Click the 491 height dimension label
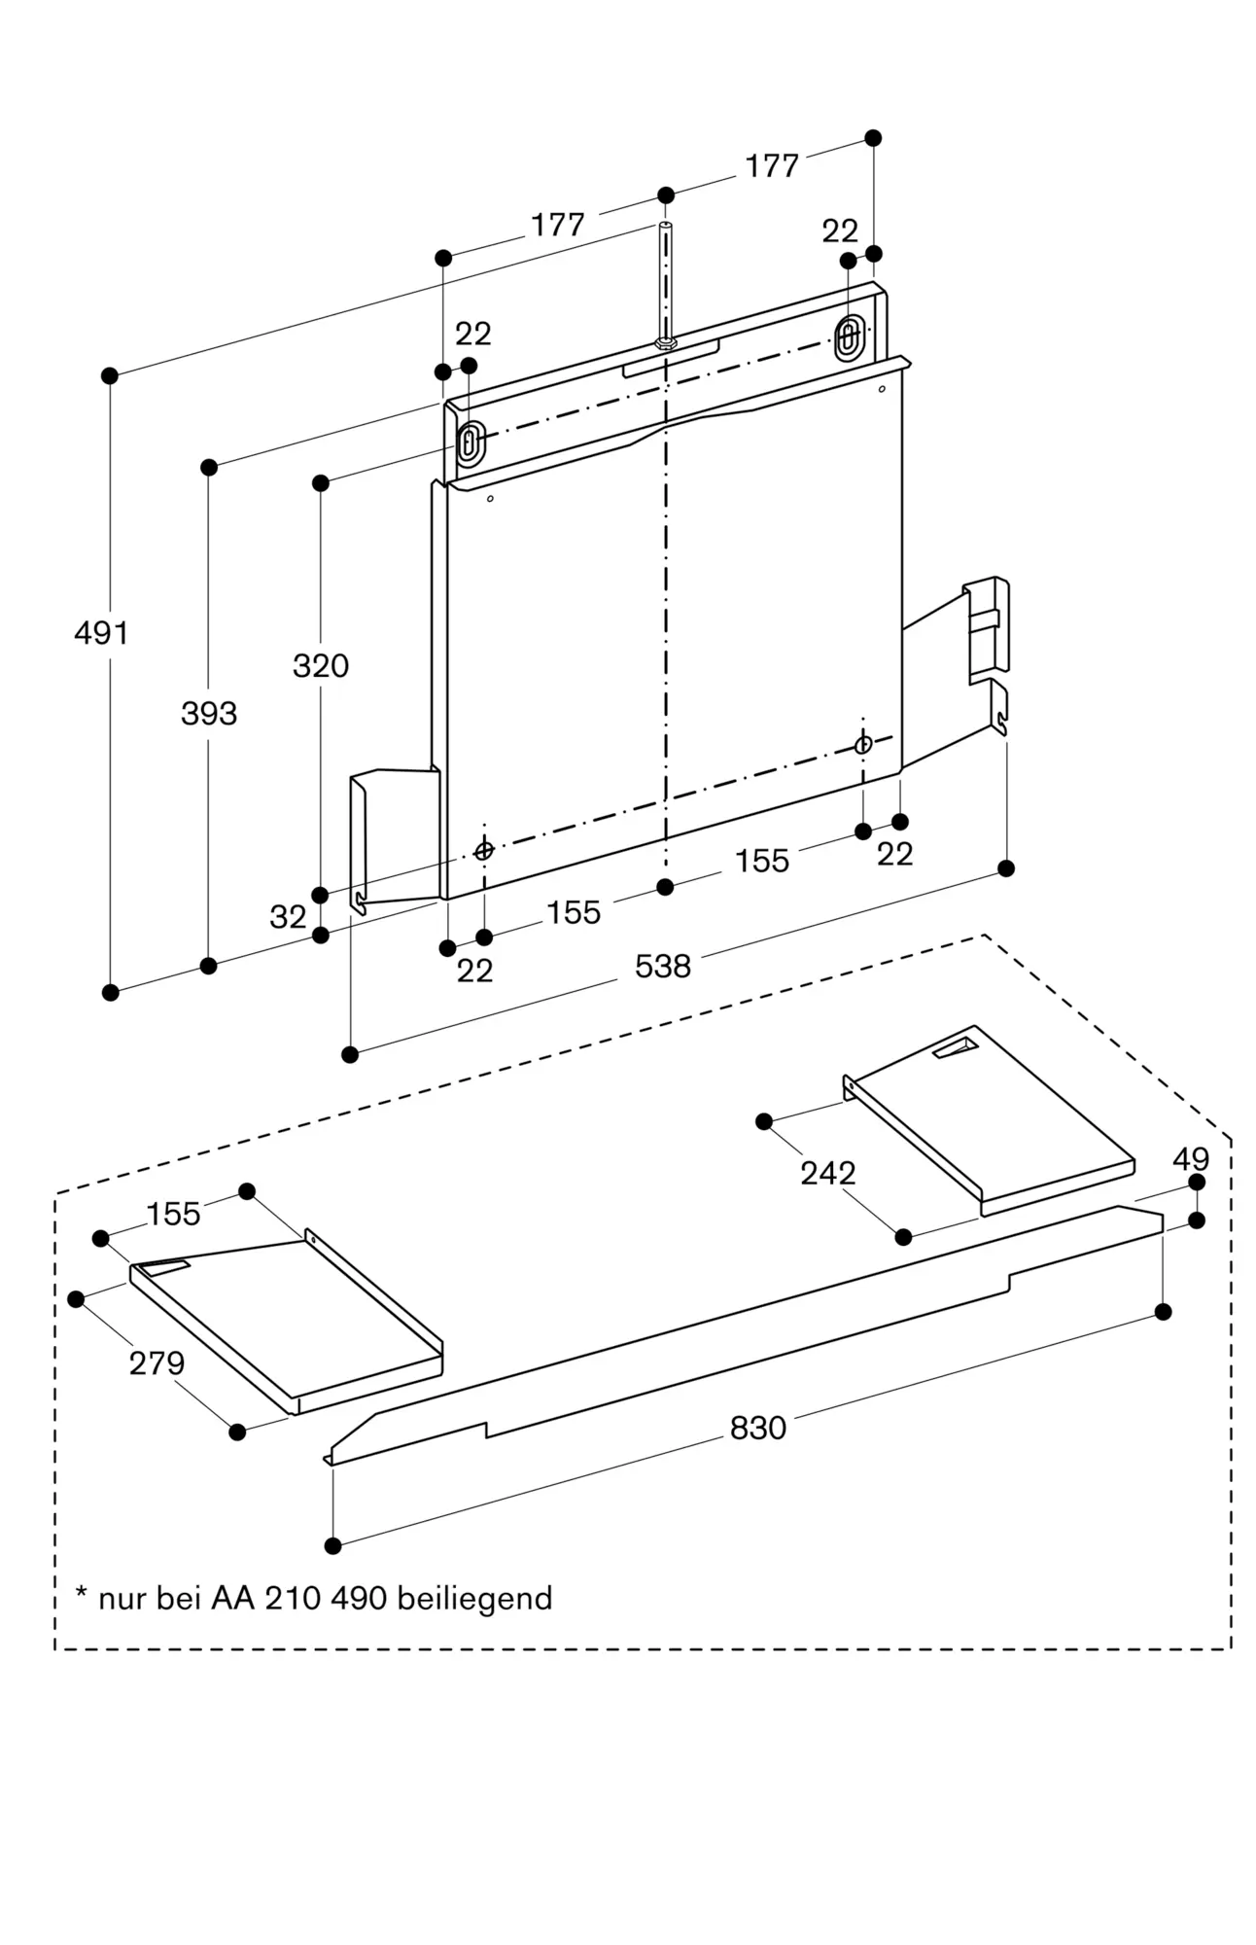tap(101, 633)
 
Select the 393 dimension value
tap(209, 714)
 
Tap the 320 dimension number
tap(321, 666)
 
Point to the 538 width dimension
tap(663, 967)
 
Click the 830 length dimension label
tap(758, 1428)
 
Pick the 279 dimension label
tap(157, 1363)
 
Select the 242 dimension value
tap(828, 1174)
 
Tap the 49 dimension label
tap(1191, 1159)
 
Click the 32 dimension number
tap(288, 917)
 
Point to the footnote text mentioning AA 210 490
tap(314, 1598)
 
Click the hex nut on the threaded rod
tap(665, 343)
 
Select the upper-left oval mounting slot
tap(470, 443)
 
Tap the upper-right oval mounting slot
tap(848, 336)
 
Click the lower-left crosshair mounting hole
tap(483, 852)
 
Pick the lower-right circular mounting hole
tap(862, 745)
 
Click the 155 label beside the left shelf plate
tap(174, 1214)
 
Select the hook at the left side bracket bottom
tap(359, 903)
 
